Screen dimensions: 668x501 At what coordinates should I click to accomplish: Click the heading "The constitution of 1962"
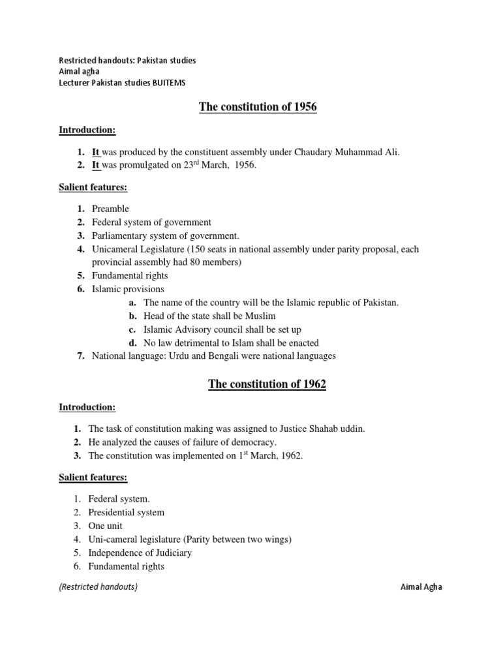pos(267,384)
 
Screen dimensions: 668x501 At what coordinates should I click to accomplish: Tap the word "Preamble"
pos(110,209)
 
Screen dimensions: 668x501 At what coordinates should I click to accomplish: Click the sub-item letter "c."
pos(132,329)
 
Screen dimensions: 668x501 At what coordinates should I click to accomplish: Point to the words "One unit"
pos(105,526)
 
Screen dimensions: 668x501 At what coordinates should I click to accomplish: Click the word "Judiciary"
pos(171,553)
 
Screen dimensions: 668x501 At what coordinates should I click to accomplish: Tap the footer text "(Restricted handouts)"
pos(99,586)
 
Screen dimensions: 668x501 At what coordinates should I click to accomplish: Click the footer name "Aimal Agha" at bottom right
pos(421,586)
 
